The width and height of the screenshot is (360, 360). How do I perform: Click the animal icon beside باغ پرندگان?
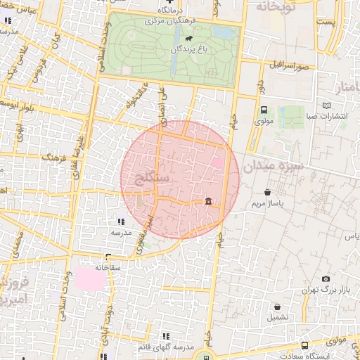point(183,51)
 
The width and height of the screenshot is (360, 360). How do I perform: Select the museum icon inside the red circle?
point(208,202)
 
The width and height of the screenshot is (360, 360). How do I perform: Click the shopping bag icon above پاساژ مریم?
point(267,192)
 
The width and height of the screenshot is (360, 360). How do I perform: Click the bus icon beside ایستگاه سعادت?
point(304,346)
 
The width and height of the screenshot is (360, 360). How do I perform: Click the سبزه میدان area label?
point(274,167)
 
